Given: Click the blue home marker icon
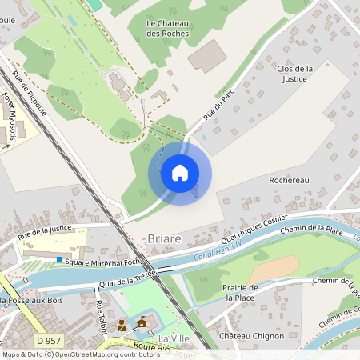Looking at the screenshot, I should tap(180, 173).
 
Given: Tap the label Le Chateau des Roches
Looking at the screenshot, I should tap(168, 29).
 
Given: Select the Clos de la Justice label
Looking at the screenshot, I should tap(294, 74).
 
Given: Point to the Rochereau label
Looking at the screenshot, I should tap(289, 180).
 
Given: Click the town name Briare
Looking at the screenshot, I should tap(165, 239).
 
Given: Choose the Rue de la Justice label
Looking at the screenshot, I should tap(45, 231).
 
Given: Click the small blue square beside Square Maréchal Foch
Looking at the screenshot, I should tap(58, 259).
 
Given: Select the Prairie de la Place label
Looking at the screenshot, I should tap(241, 292).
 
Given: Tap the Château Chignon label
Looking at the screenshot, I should tap(251, 336).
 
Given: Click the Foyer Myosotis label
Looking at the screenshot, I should tap(10, 116).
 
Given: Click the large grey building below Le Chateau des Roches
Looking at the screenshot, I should tap(206, 56).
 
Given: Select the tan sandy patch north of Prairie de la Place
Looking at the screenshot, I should tap(275, 267).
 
